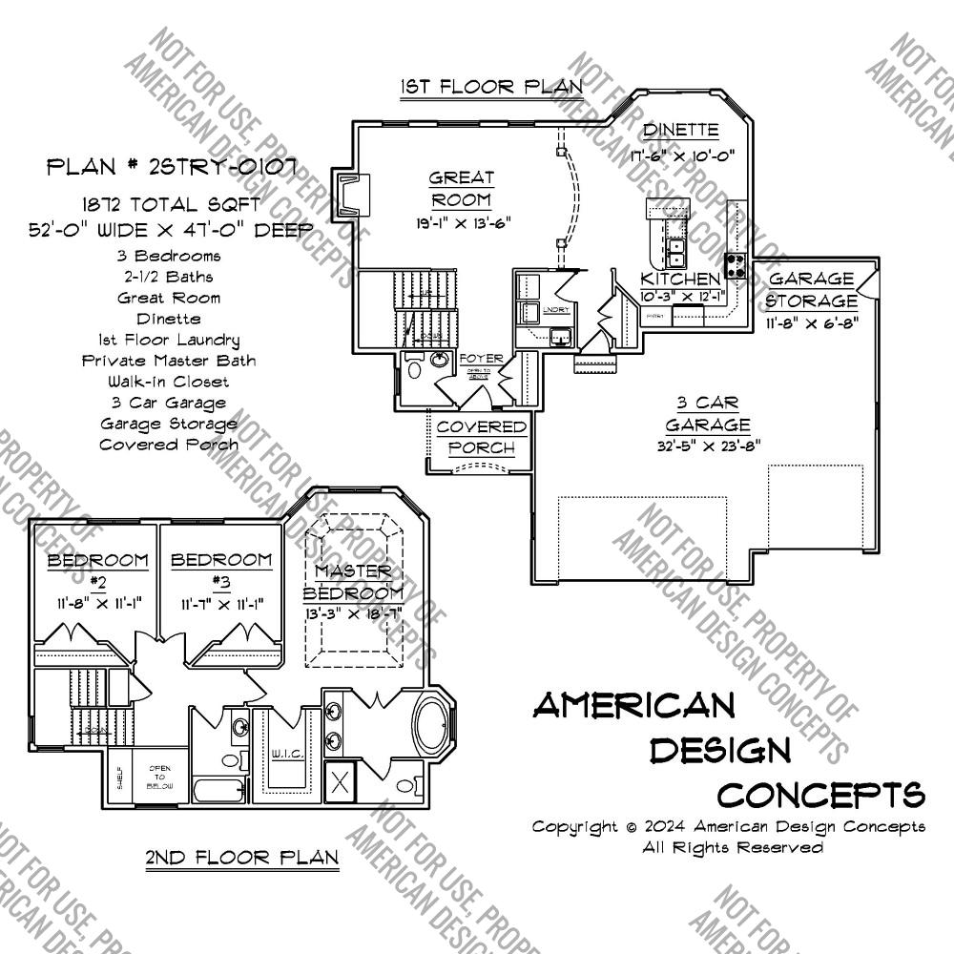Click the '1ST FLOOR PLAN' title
point(491,87)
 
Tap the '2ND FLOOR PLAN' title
point(241,857)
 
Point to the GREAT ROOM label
point(462,188)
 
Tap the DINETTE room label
point(680,130)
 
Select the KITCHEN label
point(679,279)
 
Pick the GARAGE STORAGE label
point(811,289)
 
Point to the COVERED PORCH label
point(482,437)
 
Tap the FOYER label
point(481,359)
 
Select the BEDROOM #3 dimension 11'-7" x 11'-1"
point(220,603)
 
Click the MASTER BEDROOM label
point(353,581)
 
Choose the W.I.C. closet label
point(287,755)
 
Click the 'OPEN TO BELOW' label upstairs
point(158,778)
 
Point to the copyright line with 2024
point(728,826)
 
